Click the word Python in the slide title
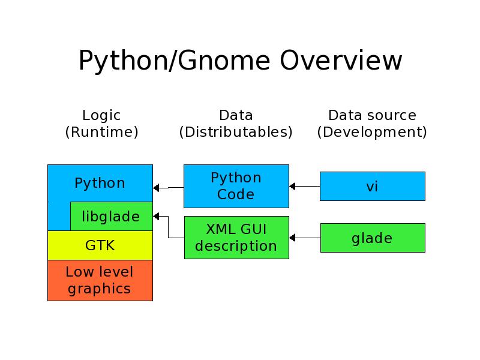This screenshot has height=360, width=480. coord(123,61)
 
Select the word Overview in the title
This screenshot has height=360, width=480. coord(341,61)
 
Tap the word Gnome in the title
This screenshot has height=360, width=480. coord(224,61)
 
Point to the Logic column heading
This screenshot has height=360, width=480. coord(101,116)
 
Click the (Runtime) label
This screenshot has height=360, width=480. coord(101,132)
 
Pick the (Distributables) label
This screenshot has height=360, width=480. coord(236,132)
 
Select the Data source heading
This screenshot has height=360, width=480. coord(372,115)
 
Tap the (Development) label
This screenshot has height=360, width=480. coord(372,132)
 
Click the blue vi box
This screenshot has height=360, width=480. coord(373,186)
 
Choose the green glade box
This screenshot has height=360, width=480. coord(373,238)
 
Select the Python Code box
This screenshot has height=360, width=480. coord(236,186)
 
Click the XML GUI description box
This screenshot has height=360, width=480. coord(236,238)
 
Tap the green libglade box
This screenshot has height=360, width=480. coord(112,216)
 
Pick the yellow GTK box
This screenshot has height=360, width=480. coord(100,245)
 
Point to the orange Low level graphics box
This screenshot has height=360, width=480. coord(100,280)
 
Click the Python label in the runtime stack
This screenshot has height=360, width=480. coord(100,183)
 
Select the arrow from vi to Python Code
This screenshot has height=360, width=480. coord(305,186)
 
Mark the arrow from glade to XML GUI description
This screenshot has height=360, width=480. coord(305,238)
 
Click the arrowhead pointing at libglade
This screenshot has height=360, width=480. coord(156,217)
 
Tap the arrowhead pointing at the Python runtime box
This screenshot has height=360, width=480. coord(156,188)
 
